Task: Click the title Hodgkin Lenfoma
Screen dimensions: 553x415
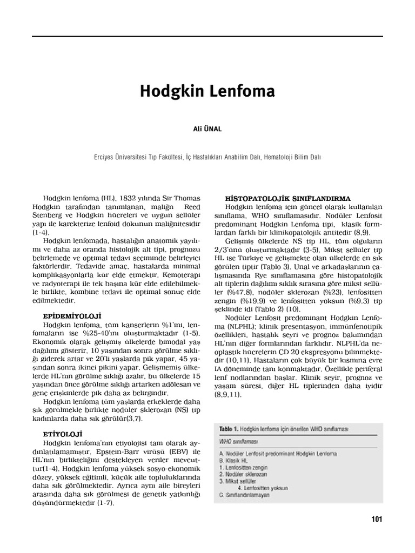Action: [207, 91]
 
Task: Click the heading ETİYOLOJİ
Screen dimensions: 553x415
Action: [62, 433]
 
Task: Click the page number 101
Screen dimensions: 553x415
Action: [377, 520]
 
